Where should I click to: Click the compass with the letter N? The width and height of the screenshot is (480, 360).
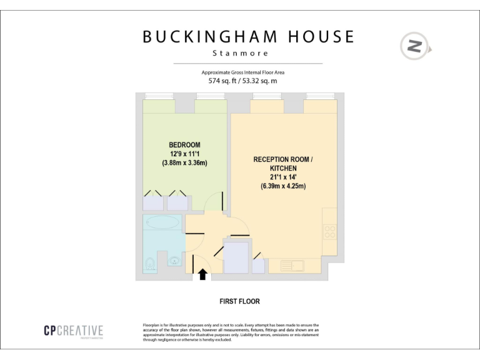[414, 46]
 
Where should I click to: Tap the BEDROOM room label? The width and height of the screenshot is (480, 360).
[184, 145]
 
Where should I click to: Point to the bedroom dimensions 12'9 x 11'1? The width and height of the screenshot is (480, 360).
[184, 154]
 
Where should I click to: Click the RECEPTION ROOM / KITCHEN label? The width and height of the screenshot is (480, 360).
[282, 164]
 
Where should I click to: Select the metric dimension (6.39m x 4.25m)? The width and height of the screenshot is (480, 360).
[283, 186]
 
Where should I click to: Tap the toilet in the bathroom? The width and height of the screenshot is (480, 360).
[149, 266]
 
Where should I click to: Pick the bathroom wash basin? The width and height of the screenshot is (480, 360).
[175, 259]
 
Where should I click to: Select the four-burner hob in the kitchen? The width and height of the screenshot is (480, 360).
[330, 232]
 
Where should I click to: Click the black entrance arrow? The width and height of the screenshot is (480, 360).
[202, 274]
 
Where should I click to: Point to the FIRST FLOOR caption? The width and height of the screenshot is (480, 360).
[239, 301]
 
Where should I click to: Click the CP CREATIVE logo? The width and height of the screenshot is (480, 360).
[74, 331]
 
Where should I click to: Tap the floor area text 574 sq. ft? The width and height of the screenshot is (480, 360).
[221, 81]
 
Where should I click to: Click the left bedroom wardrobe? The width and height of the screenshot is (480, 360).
[154, 202]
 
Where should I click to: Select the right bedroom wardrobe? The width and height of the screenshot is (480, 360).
[177, 202]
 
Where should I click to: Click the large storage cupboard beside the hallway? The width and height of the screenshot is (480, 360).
[236, 257]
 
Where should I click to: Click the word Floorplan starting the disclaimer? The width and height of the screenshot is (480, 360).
[153, 326]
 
